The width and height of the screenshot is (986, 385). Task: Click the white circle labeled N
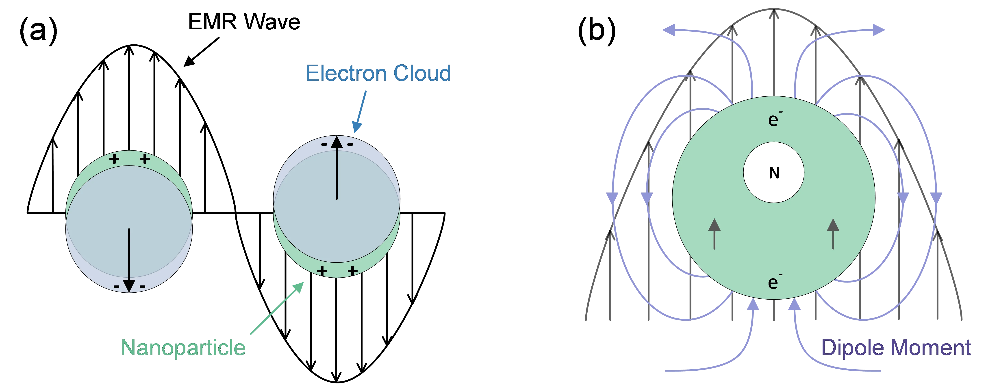pyautogui.click(x=773, y=173)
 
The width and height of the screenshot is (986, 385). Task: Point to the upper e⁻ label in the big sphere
pyautogui.click(x=774, y=120)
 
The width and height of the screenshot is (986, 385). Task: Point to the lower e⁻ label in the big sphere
pyautogui.click(x=774, y=282)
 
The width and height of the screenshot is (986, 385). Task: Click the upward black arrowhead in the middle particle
pyautogui.click(x=337, y=142)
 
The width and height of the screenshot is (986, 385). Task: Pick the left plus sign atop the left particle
pyautogui.click(x=114, y=159)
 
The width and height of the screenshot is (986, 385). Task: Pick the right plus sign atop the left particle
pyautogui.click(x=145, y=159)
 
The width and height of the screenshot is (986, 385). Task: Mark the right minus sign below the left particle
pyautogui.click(x=142, y=286)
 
